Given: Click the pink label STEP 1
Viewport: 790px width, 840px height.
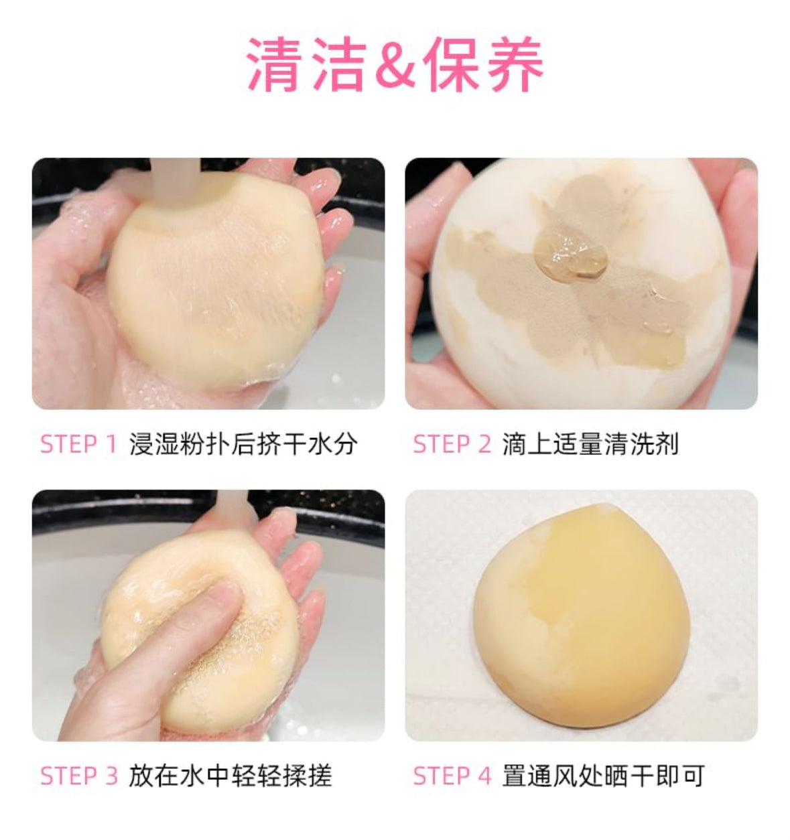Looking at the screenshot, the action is (78, 444).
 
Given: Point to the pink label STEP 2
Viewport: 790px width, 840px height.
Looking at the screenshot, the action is (452, 444).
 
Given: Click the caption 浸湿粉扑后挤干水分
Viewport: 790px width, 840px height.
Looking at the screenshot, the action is (243, 444).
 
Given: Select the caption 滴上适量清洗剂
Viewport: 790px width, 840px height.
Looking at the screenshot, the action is (590, 444).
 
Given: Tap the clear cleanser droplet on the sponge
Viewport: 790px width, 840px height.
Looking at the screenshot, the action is (571, 255).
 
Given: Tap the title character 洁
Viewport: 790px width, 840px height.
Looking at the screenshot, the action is (338, 64).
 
